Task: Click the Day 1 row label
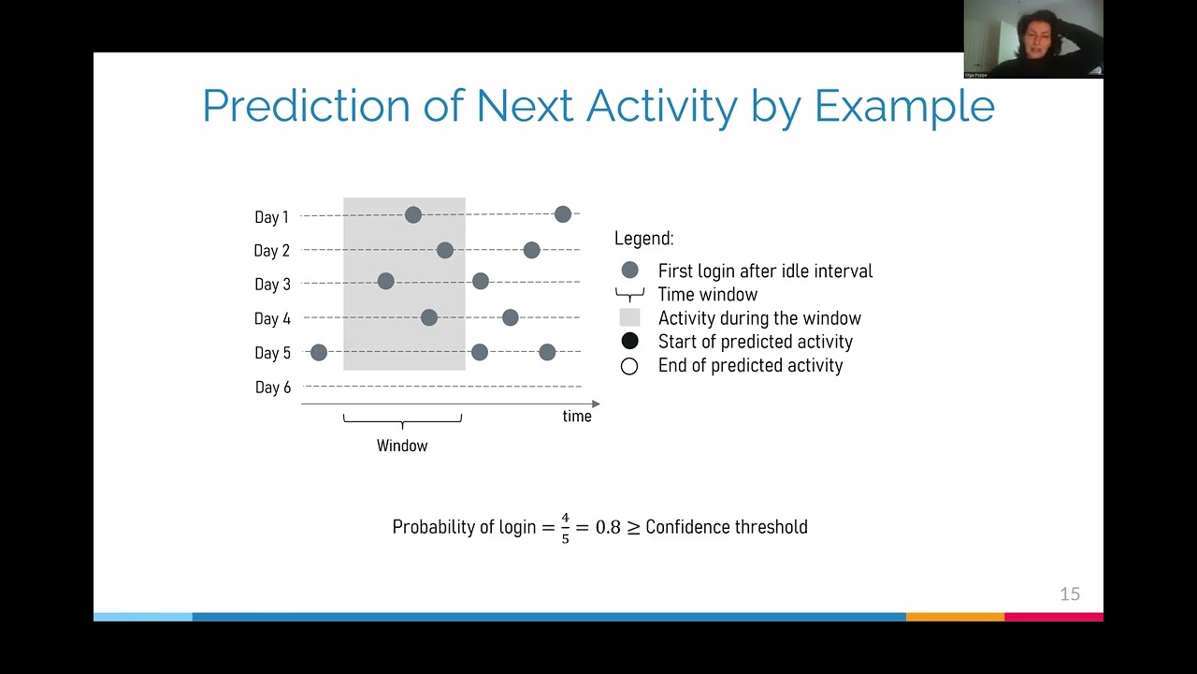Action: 271,217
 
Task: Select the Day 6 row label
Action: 272,388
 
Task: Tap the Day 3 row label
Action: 272,285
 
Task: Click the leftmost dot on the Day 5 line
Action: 319,353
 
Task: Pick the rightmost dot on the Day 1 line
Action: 562,214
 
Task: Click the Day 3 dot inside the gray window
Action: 385,281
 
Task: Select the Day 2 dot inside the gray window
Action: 445,250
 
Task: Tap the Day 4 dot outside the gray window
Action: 510,318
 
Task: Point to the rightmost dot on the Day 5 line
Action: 547,353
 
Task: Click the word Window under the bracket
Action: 402,446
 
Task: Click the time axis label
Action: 577,417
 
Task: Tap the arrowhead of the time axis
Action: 596,404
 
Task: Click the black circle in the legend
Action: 629,342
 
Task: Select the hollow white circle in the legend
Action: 629,366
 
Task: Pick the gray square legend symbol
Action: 629,318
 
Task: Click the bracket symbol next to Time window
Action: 629,295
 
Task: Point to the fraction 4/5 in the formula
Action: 565,528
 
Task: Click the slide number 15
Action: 1070,594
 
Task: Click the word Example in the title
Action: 904,106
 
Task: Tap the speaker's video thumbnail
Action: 1033,38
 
